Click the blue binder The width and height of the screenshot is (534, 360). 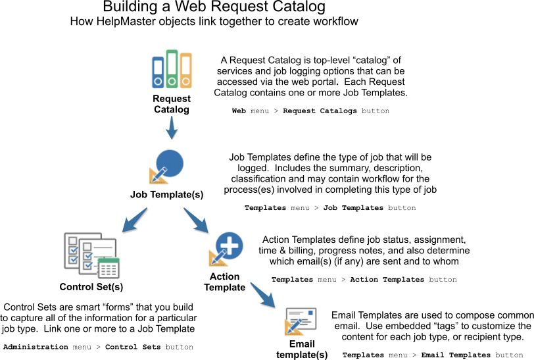(x=158, y=72)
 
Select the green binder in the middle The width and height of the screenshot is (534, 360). (x=172, y=68)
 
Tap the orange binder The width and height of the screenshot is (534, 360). (x=186, y=70)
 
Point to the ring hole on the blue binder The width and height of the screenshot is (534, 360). (x=158, y=82)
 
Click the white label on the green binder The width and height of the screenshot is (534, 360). (x=172, y=63)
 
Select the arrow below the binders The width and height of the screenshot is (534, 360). (x=171, y=128)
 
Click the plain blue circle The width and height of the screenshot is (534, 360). (x=170, y=163)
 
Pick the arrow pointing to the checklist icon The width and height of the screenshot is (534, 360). (x=134, y=220)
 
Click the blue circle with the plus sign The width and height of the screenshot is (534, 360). (x=230, y=245)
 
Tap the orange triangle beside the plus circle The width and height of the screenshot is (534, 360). (x=216, y=260)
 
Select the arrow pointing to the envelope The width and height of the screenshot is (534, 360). (x=262, y=294)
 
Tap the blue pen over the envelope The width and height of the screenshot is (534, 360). (x=294, y=325)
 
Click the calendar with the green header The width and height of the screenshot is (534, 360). (x=109, y=268)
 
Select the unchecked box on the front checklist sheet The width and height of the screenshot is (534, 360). (x=87, y=246)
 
